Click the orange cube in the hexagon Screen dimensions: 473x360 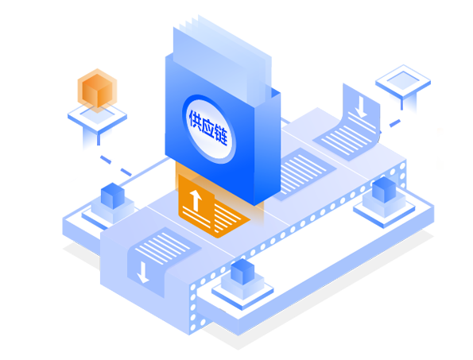tap(98, 91)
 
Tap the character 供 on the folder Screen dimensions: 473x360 tap(196, 121)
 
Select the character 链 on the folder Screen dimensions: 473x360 tap(221, 136)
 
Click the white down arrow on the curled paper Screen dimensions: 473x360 tap(360, 107)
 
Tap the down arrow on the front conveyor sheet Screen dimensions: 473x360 tap(142, 273)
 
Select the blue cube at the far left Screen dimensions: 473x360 tap(113, 196)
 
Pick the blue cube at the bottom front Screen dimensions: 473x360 tap(242, 272)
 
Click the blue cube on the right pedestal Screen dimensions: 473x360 tap(384, 190)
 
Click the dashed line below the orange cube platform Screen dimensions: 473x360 tap(116, 165)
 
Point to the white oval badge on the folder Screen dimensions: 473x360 tap(209, 130)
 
